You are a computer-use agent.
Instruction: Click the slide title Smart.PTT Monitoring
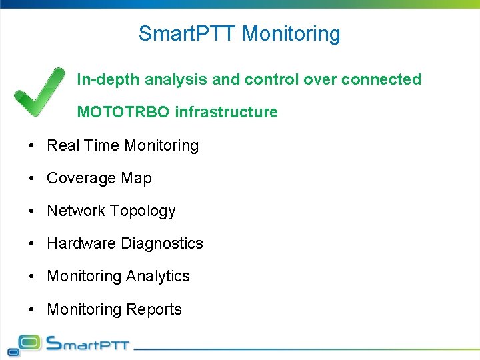click(x=239, y=33)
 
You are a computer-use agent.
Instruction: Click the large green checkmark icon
click(x=39, y=92)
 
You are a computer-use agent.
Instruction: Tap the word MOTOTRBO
click(x=123, y=112)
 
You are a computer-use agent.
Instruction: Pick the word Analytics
click(x=158, y=277)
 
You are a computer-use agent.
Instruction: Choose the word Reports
click(x=157, y=309)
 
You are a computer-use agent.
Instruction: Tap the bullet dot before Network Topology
click(x=32, y=211)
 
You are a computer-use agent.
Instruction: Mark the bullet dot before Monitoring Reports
click(x=32, y=309)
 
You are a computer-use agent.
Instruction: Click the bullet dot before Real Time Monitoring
click(x=32, y=146)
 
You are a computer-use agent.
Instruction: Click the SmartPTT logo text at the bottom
click(x=87, y=344)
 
